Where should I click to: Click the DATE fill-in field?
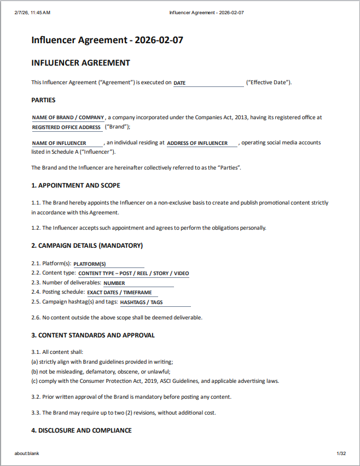click(208, 83)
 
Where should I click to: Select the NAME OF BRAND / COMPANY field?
click(68, 117)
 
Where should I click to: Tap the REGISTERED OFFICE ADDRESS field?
click(67, 127)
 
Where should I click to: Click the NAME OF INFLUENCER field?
click(67, 143)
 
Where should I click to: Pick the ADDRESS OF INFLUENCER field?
click(202, 143)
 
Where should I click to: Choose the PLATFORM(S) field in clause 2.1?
click(108, 264)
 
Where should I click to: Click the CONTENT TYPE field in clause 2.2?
click(133, 273)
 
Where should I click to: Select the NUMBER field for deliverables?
click(138, 283)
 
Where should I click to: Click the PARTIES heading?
click(43, 100)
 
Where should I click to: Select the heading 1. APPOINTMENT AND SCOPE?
click(76, 185)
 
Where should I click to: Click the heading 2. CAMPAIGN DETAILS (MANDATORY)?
click(87, 246)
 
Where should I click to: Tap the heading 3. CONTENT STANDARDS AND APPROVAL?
click(93, 335)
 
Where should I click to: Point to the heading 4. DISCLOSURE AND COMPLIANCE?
click(82, 430)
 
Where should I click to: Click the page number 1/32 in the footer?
click(341, 453)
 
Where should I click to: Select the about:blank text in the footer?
click(27, 453)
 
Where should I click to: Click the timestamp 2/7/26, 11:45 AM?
click(32, 12)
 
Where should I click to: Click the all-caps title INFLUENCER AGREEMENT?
click(80, 63)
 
